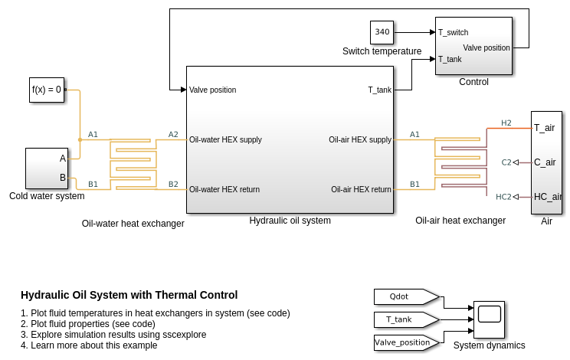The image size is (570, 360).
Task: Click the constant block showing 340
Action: [x=382, y=32]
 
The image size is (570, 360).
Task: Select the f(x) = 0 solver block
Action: [x=47, y=90]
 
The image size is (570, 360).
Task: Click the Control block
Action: [x=473, y=46]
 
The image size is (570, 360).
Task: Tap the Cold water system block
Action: [x=47, y=169]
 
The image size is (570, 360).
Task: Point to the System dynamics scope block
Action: [x=489, y=319]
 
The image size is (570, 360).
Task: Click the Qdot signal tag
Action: [x=406, y=296]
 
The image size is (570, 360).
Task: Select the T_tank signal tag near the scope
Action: [x=406, y=319]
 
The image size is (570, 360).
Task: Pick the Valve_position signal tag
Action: [x=406, y=342]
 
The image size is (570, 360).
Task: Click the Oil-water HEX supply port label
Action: [x=225, y=139]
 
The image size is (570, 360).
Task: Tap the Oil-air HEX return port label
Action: [x=361, y=189]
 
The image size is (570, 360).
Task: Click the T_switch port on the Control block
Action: [x=454, y=32]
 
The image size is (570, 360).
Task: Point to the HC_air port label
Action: [x=548, y=197]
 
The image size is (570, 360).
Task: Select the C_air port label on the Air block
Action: [x=545, y=162]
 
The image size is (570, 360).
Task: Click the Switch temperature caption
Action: [x=382, y=51]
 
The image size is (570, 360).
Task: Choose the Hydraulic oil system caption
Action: [x=290, y=221]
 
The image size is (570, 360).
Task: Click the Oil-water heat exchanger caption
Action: [x=133, y=224]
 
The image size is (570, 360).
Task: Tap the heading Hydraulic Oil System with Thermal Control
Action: [x=129, y=295]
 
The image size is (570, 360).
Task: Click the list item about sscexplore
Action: [x=113, y=335]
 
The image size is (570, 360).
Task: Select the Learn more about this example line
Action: [x=89, y=345]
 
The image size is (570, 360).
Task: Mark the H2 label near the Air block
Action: [x=506, y=123]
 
